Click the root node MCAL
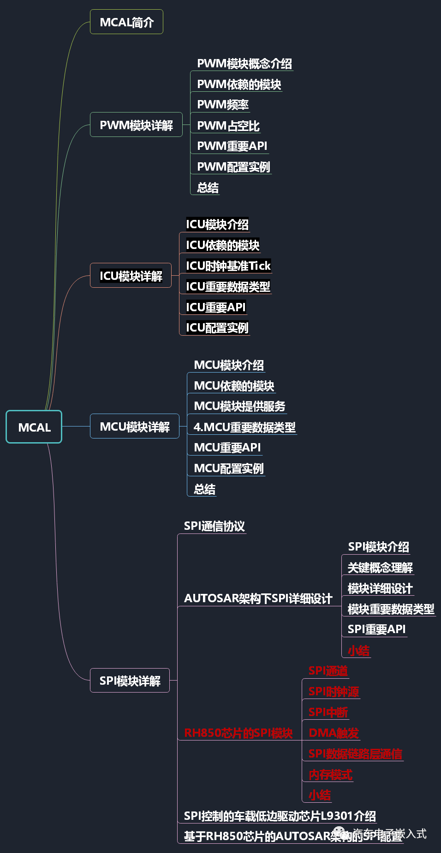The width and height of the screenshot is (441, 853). tap(34, 427)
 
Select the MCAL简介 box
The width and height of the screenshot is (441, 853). tap(126, 22)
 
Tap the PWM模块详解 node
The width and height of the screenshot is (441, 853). tap(136, 125)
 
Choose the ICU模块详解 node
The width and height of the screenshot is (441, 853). tap(131, 276)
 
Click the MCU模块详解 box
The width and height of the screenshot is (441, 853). tap(135, 426)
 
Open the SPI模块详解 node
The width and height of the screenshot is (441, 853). tap(130, 681)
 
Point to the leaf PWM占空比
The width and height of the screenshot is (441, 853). tap(228, 126)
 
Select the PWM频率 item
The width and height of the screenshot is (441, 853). tap(223, 105)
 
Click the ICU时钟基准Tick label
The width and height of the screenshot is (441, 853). tap(228, 266)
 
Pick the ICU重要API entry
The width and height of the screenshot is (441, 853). tap(215, 307)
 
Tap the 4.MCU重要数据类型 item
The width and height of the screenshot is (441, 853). tap(244, 427)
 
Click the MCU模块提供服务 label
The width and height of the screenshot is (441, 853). tap(239, 406)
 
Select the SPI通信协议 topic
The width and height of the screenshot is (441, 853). tap(214, 526)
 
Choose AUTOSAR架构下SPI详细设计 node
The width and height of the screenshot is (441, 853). tap(258, 598)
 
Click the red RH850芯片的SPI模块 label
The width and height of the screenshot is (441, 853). tap(238, 733)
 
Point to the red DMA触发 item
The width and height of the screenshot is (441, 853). tap(334, 733)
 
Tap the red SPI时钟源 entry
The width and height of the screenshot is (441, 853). tap(334, 692)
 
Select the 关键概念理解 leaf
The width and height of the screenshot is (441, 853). tap(380, 568)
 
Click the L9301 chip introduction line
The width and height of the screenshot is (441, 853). tap(280, 816)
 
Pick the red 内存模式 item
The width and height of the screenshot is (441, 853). tap(330, 775)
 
